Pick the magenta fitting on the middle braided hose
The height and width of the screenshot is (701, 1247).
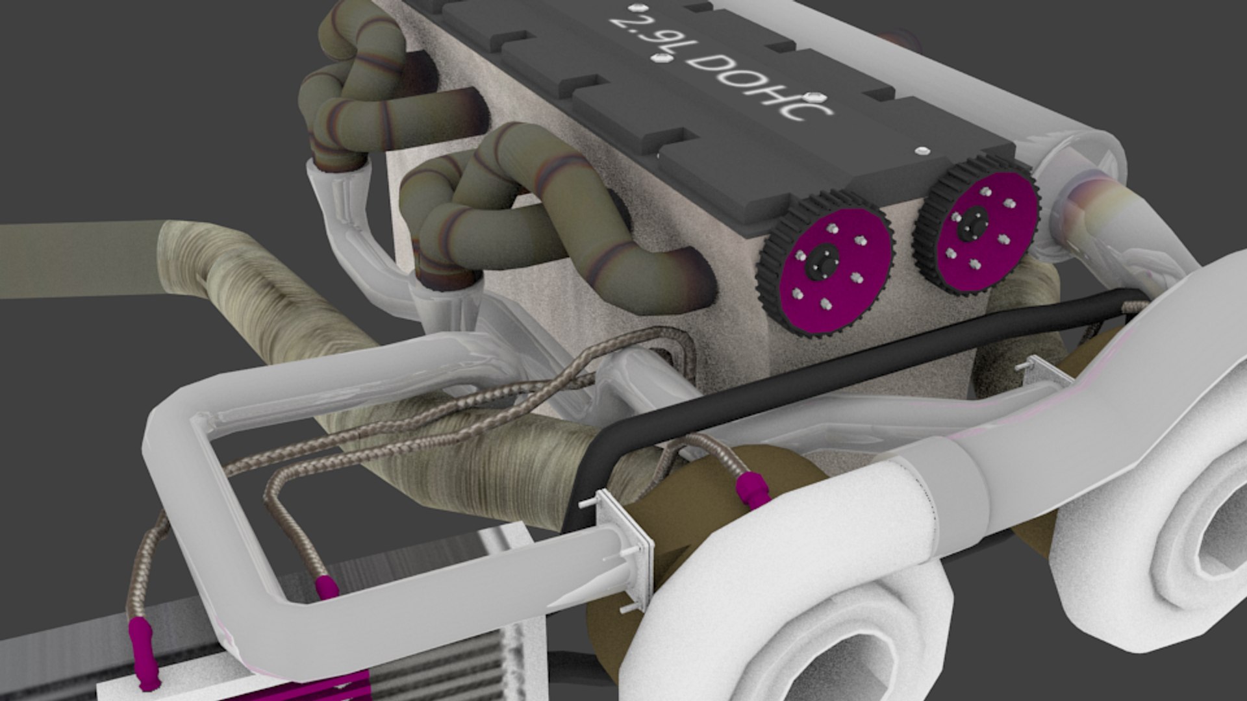(327, 587)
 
